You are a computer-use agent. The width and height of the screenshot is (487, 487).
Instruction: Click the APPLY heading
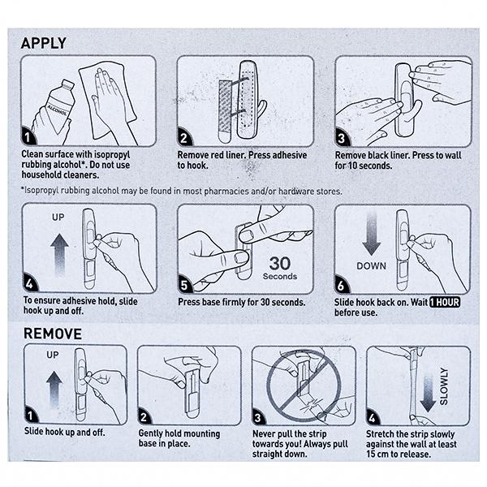44,43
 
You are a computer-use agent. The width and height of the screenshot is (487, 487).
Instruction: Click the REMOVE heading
52,334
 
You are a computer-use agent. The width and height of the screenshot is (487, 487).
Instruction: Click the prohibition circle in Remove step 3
301,386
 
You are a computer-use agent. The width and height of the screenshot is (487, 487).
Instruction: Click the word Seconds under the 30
279,277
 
